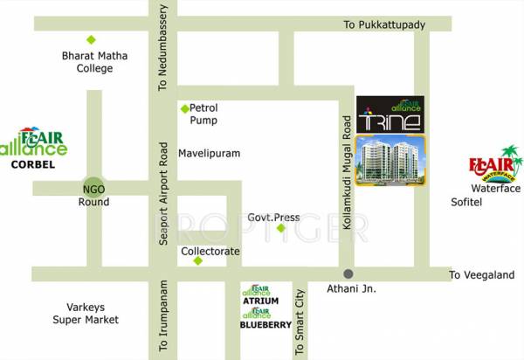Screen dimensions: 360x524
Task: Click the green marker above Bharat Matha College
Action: tap(91, 39)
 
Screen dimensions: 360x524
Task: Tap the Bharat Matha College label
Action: tap(94, 62)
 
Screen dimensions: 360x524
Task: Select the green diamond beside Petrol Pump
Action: tap(184, 108)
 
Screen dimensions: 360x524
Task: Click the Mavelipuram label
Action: tap(210, 153)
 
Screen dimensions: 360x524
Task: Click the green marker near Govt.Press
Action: tap(281, 229)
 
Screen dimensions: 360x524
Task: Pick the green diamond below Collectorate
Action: tap(198, 260)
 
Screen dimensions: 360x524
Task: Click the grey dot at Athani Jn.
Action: tap(348, 273)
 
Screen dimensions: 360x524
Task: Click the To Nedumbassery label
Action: tap(162, 49)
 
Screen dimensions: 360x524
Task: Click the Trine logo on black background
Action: tap(390, 114)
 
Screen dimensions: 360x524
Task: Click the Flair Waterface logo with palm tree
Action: tap(494, 163)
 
